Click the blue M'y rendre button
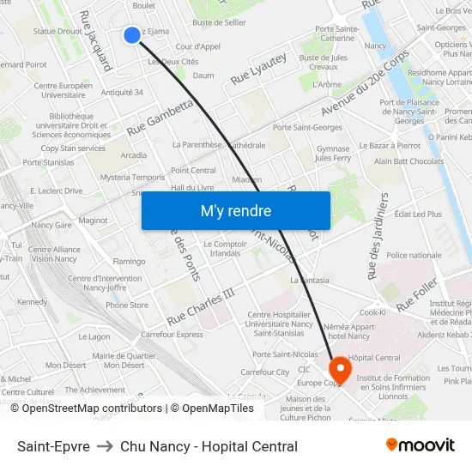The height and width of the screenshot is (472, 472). coord(235,210)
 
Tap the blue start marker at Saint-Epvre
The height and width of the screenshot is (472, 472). coord(131,34)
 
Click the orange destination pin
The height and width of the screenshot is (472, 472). coord(340,370)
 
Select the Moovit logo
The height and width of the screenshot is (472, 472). coord(420,445)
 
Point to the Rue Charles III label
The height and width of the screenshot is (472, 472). coord(201,306)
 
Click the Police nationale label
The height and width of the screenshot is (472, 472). coord(414,255)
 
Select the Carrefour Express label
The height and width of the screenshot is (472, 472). coord(172,335)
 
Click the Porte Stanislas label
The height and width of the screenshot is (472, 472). coord(45,161)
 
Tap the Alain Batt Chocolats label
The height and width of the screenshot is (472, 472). coord(408,161)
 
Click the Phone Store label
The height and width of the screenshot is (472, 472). coord(127,305)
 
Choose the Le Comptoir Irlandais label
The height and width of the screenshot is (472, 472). coord(222,249)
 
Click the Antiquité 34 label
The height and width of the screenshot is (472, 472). coord(122,92)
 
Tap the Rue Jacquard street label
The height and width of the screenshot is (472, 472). coord(95,40)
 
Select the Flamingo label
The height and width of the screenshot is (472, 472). coord(129,261)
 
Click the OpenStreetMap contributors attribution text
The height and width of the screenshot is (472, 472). coord(86,408)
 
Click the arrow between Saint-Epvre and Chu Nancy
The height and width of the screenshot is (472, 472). coord(105,446)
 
